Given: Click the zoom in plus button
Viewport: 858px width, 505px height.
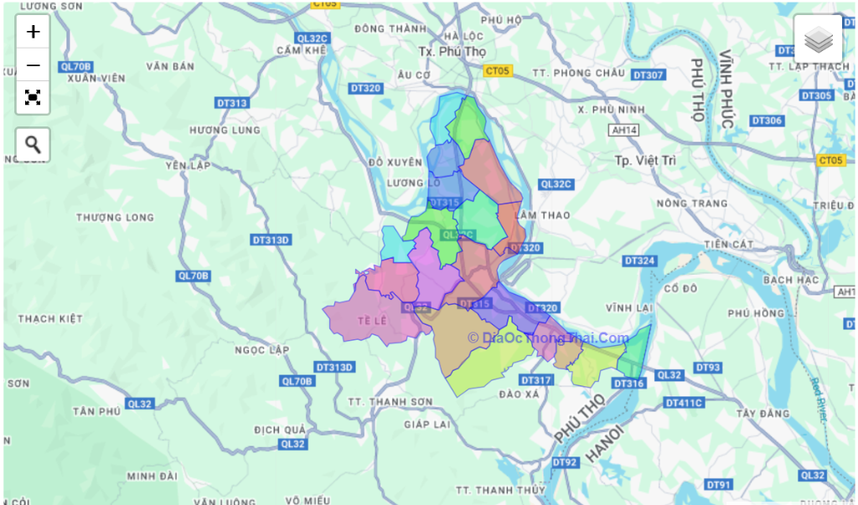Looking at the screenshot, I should (33, 32).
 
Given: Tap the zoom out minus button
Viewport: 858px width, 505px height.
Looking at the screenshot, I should (33, 64).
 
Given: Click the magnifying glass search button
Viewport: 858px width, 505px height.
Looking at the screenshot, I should (33, 144).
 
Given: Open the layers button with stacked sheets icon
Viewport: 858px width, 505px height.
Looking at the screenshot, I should (818, 39).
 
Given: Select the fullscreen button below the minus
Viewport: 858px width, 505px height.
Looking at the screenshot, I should (33, 97).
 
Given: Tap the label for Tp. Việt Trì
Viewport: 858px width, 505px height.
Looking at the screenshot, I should (644, 159).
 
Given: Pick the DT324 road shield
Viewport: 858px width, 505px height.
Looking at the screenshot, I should (639, 261).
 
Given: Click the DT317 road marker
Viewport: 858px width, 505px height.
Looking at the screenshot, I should (536, 380).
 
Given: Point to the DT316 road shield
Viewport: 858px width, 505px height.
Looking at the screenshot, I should (628, 384).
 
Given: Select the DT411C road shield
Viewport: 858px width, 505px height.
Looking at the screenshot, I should (684, 403).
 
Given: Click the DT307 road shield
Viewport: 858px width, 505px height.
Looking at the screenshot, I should (648, 75).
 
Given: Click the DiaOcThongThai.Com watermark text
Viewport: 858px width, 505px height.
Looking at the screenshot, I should (548, 338).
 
